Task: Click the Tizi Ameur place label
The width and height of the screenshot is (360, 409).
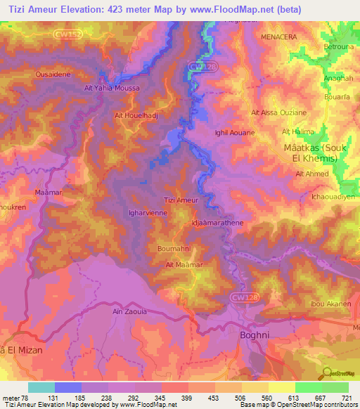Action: [x=181, y=200]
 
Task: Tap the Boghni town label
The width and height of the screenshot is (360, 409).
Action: [x=255, y=335]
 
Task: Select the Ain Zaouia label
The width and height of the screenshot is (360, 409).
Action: [x=129, y=310]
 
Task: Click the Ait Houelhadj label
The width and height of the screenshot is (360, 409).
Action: [x=135, y=113]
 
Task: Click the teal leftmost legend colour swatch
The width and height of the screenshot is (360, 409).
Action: [x=41, y=387]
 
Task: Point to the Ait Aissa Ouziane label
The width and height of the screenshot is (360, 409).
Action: [x=278, y=112]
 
